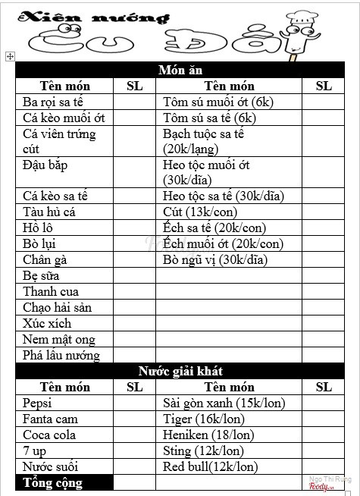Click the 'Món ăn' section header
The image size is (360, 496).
[180, 70]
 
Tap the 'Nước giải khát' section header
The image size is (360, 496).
[180, 371]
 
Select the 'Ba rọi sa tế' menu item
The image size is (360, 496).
[57, 102]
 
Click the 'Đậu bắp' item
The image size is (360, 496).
[45, 165]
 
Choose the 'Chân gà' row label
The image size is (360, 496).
[45, 259]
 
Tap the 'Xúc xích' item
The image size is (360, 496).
[48, 323]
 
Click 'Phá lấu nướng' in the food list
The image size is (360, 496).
[61, 355]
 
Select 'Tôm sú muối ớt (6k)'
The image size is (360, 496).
[218, 102]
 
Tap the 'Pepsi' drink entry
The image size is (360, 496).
[38, 403]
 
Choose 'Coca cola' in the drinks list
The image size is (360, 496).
[49, 435]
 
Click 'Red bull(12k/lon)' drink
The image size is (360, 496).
[210, 466]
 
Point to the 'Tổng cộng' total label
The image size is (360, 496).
[53, 482]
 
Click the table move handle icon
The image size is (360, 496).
[9, 55]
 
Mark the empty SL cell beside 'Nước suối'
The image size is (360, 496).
[134, 466]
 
